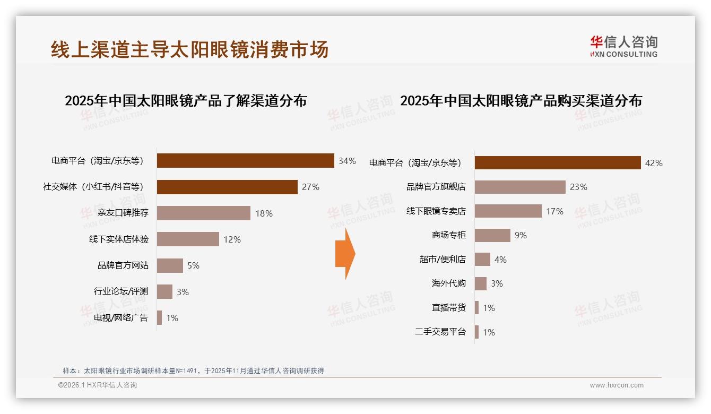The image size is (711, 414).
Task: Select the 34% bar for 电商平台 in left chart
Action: point(245,161)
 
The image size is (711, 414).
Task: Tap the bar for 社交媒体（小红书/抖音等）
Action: point(227,187)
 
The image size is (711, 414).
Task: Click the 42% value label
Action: point(654,163)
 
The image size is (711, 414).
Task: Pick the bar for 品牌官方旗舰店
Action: point(520,187)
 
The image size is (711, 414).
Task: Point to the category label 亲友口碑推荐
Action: point(123,213)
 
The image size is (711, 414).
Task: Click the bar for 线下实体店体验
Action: point(188,239)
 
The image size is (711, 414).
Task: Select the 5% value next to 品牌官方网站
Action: point(193,265)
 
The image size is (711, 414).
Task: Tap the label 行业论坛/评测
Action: point(121,291)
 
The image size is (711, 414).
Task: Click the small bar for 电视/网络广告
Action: point(159,318)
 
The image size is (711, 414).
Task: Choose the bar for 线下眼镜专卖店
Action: point(508,211)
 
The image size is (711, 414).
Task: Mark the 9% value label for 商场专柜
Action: point(521,235)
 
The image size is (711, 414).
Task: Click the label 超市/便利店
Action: point(443,260)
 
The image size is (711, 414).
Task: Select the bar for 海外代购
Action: point(480,283)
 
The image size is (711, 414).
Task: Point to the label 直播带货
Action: point(448,308)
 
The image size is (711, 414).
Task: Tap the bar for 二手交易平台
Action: point(476,332)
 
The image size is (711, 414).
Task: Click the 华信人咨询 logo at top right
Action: point(623,46)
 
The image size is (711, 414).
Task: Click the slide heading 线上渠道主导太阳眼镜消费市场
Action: point(189,49)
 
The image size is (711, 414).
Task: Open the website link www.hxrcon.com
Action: point(617,385)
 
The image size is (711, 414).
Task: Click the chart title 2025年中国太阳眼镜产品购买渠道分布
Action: point(521,101)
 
